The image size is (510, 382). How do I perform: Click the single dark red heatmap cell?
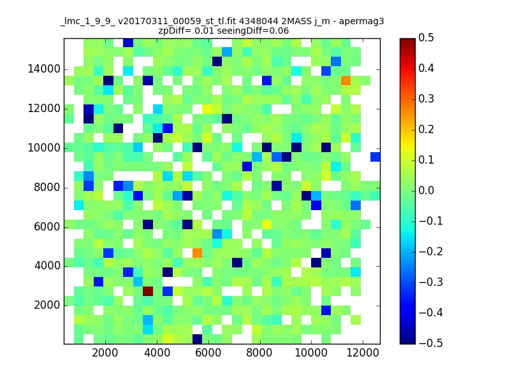148,291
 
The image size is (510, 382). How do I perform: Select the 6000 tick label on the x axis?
208,353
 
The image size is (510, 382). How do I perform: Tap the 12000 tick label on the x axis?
363,353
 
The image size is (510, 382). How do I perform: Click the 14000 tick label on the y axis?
44,69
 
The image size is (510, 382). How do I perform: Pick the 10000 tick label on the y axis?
44,148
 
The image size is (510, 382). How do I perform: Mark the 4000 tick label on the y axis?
47,266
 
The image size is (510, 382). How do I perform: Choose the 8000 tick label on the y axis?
47,187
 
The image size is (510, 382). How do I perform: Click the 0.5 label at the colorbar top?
426,38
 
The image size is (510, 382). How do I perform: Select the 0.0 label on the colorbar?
426,190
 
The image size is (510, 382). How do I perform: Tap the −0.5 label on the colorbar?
431,343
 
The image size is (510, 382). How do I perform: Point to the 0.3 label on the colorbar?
426,99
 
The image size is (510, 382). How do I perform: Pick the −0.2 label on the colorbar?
431,251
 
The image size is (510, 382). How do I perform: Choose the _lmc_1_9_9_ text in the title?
88,22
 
